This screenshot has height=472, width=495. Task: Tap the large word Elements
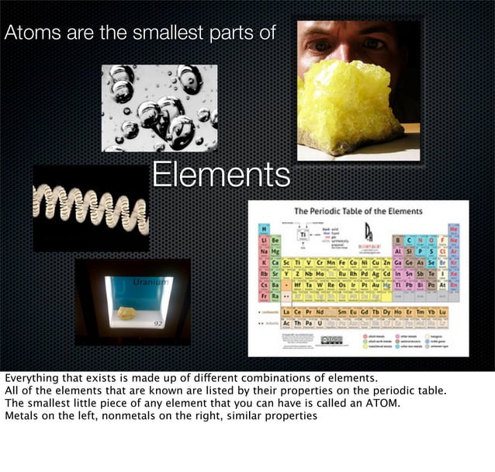pos(220,175)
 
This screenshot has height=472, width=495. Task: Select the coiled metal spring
pos(90,208)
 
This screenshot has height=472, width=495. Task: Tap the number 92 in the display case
pos(157,321)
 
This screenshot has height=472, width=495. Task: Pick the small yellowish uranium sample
pos(126,312)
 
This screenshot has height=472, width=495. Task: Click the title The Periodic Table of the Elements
pos(358,211)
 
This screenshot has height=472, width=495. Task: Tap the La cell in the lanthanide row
pos(286,312)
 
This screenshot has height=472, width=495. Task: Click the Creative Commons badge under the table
pos(331,339)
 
